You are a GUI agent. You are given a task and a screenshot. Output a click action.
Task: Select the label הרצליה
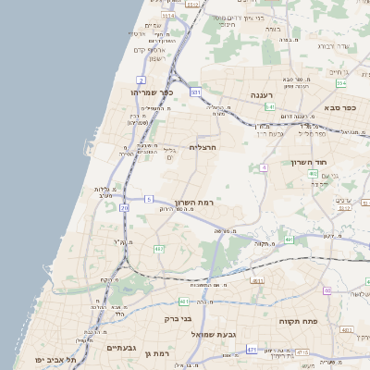pyautogui.click(x=202, y=147)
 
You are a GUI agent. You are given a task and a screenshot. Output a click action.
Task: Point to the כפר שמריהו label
pyautogui.click(x=153, y=92)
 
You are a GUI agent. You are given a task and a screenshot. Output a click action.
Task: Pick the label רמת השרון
pyautogui.click(x=193, y=202)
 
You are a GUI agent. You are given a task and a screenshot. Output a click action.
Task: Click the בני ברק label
pyautogui.click(x=178, y=318)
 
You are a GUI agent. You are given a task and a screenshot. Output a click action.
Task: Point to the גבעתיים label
pyautogui.click(x=120, y=347)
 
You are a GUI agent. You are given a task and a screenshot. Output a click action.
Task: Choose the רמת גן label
pyautogui.click(x=161, y=354)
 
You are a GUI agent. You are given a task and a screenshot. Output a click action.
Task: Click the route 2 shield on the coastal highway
pyautogui.click(x=140, y=80)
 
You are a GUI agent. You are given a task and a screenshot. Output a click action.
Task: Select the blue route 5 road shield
pyautogui.click(x=147, y=199)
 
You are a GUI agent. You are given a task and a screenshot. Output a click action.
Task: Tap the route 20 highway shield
pyautogui.click(x=125, y=208)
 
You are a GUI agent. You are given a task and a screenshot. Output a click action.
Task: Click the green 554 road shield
pyautogui.click(x=341, y=84)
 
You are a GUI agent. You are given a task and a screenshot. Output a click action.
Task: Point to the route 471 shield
pyautogui.click(x=253, y=349)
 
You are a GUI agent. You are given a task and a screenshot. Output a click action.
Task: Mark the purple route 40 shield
pyautogui.click(x=327, y=290)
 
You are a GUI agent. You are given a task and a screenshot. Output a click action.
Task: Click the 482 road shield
pyautogui.click(x=158, y=249)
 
